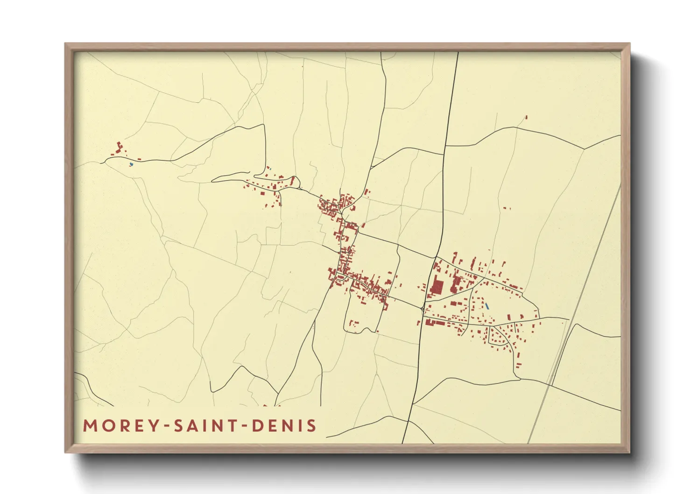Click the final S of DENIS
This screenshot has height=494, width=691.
[312, 426]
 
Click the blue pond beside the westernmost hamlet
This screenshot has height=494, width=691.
[131, 164]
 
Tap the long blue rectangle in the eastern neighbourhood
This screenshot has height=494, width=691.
[487, 307]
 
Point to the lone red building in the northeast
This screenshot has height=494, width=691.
[526, 117]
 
